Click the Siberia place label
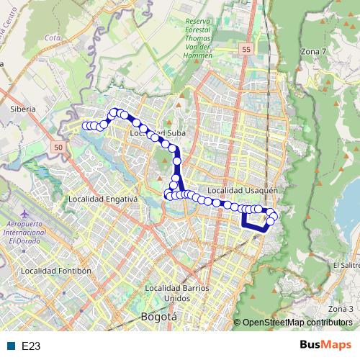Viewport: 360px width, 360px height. click(x=22, y=109)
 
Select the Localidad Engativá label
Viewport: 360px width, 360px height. click(x=97, y=199)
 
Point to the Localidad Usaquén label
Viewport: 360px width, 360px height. click(x=241, y=191)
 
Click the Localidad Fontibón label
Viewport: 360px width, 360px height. click(x=56, y=271)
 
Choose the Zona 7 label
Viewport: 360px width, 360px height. click(x=312, y=52)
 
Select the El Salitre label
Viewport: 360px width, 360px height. click(x=346, y=264)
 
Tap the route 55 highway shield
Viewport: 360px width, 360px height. click(x=246, y=48)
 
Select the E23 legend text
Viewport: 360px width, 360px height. click(x=30, y=346)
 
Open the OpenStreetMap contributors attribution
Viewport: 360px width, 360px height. click(x=297, y=323)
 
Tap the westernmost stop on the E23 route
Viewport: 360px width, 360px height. click(x=86, y=126)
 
